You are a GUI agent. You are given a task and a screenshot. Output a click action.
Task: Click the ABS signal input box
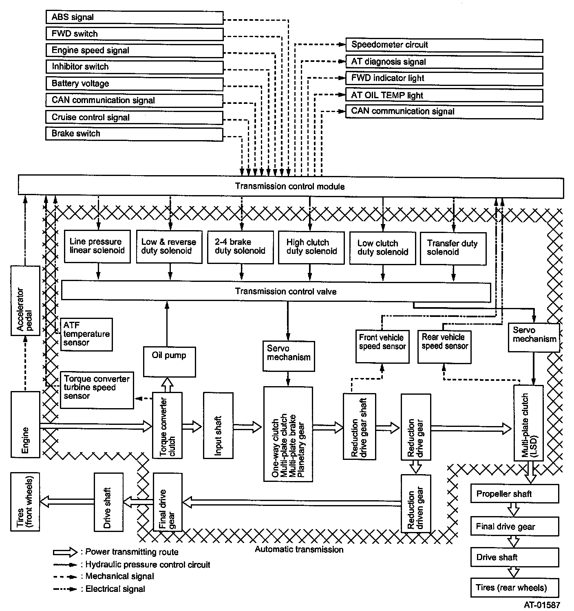pos(135,18)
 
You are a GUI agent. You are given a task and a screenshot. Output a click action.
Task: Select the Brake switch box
pos(135,134)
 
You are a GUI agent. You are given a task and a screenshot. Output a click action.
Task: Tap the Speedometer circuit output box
pos(444,45)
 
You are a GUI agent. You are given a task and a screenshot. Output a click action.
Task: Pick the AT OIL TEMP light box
pos(444,96)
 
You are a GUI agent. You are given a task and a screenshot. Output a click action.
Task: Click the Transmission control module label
pos(290,187)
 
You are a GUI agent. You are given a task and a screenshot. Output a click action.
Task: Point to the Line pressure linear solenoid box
pos(97,246)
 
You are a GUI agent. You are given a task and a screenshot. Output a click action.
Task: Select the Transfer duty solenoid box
pos(453,248)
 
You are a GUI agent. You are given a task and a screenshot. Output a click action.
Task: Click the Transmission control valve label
pos(286,292)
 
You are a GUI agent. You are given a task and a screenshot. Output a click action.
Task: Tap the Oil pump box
pos(169,361)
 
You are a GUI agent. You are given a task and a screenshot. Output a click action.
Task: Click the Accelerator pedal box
pos(25,301)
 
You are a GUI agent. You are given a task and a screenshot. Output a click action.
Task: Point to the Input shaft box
pos(218,425)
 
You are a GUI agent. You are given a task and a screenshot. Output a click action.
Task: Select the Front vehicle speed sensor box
pos(382,346)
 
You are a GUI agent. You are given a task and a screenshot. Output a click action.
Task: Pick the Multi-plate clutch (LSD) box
pos(528,423)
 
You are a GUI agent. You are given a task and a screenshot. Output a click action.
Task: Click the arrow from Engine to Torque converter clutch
pos(96,426)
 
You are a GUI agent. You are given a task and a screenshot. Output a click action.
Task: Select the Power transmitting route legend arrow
pos(65,552)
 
